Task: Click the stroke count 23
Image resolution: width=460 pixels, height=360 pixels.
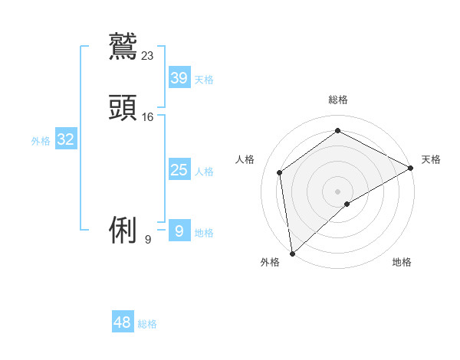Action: [x=148, y=55]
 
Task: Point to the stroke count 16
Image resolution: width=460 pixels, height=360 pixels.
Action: [x=148, y=116]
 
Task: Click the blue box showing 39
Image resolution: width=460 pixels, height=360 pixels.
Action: [x=179, y=78]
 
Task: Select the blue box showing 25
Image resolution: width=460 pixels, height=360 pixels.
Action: [x=179, y=170]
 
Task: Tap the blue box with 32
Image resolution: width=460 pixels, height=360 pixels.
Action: [x=66, y=139]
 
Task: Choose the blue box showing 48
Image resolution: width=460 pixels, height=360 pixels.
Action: [x=123, y=322]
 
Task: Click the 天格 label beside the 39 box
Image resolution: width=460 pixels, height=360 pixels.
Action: [x=204, y=80]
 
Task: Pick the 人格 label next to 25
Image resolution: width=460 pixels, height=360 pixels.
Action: [x=204, y=172]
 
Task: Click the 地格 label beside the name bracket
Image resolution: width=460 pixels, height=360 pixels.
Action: [x=204, y=233]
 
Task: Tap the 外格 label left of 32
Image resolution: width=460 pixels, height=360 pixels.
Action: [x=41, y=141]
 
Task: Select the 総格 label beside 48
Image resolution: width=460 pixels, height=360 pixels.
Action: [x=147, y=324]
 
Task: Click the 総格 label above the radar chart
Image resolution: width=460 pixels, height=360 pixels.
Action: [x=337, y=100]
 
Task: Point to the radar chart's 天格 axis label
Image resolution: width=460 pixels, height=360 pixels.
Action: [x=431, y=159]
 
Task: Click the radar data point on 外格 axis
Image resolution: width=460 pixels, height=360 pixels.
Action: [x=292, y=253]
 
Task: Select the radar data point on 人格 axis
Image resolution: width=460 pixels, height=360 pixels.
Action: [x=280, y=172]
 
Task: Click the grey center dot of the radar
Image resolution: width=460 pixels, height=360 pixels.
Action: [x=337, y=191]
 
